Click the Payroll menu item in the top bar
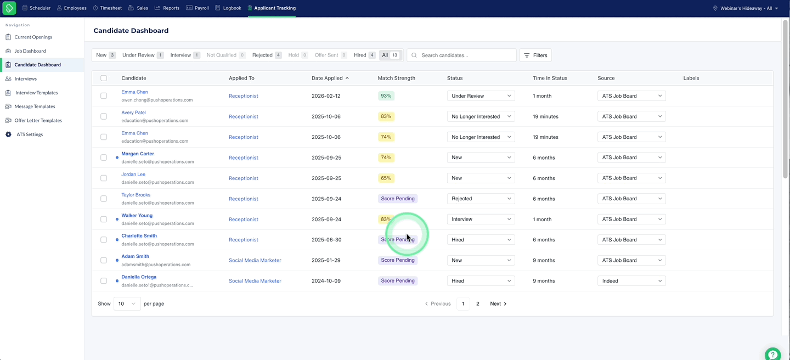[198, 8]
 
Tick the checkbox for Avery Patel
[104, 116]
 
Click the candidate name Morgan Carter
[138, 154]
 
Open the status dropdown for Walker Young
[481, 219]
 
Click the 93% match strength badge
[386, 95]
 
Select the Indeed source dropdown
[631, 281]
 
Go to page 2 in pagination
[477, 303]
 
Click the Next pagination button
[498, 303]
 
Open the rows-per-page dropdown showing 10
[127, 303]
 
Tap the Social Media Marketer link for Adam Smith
[255, 260]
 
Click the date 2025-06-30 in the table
[326, 240]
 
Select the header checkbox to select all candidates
[104, 78]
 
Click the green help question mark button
[772, 354]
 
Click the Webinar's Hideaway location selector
[746, 8]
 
